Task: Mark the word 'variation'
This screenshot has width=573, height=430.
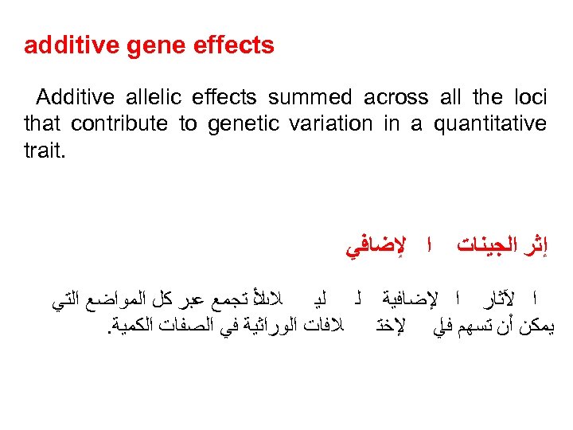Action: pos(322,124)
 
